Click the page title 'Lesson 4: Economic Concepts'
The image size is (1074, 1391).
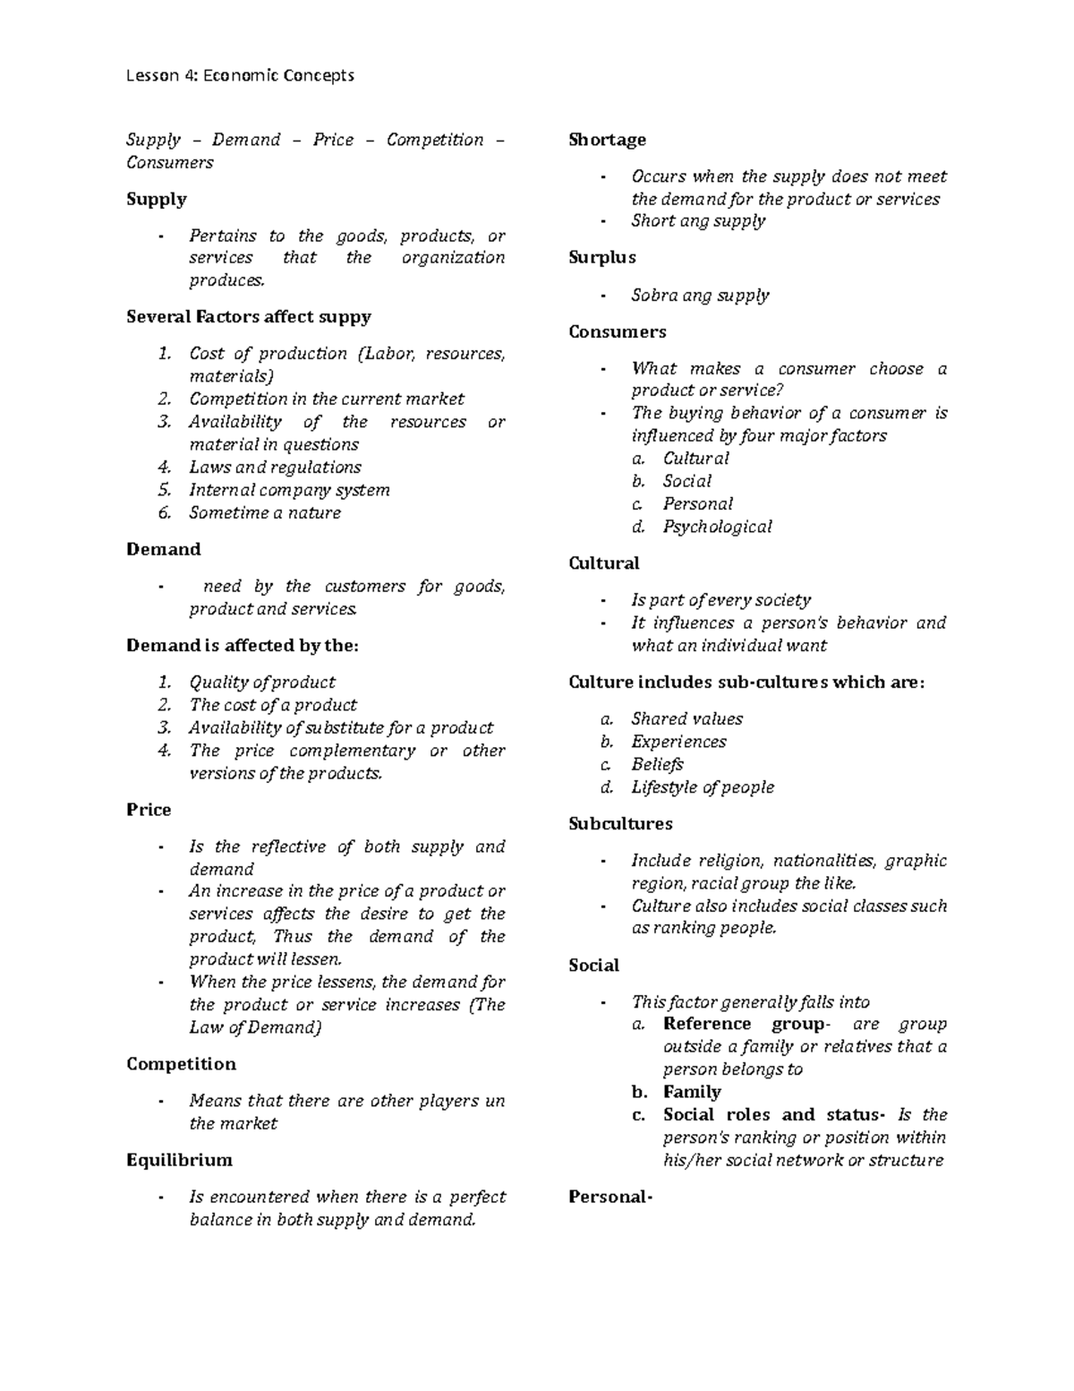point(240,75)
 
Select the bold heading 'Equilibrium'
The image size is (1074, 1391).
point(179,1160)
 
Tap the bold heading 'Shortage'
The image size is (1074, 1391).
point(607,140)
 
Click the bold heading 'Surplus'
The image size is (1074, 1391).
point(601,257)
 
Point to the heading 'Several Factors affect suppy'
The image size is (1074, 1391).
point(248,317)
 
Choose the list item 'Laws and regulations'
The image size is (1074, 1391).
point(275,468)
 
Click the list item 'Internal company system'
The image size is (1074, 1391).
point(289,490)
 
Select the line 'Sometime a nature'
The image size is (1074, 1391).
point(264,513)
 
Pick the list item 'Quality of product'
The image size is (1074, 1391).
point(261,683)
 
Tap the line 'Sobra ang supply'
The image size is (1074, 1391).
point(700,295)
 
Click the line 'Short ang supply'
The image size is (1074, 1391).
point(698,220)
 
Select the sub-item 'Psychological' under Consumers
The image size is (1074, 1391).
point(717,527)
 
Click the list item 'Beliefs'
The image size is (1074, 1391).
point(657,764)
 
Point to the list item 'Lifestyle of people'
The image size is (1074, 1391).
point(703,787)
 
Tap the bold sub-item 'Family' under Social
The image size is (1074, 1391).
point(692,1092)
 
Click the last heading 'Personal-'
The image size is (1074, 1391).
point(609,1197)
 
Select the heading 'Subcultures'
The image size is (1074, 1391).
point(620,823)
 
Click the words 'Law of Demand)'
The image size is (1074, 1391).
point(255,1027)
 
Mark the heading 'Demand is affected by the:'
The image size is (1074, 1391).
point(242,646)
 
